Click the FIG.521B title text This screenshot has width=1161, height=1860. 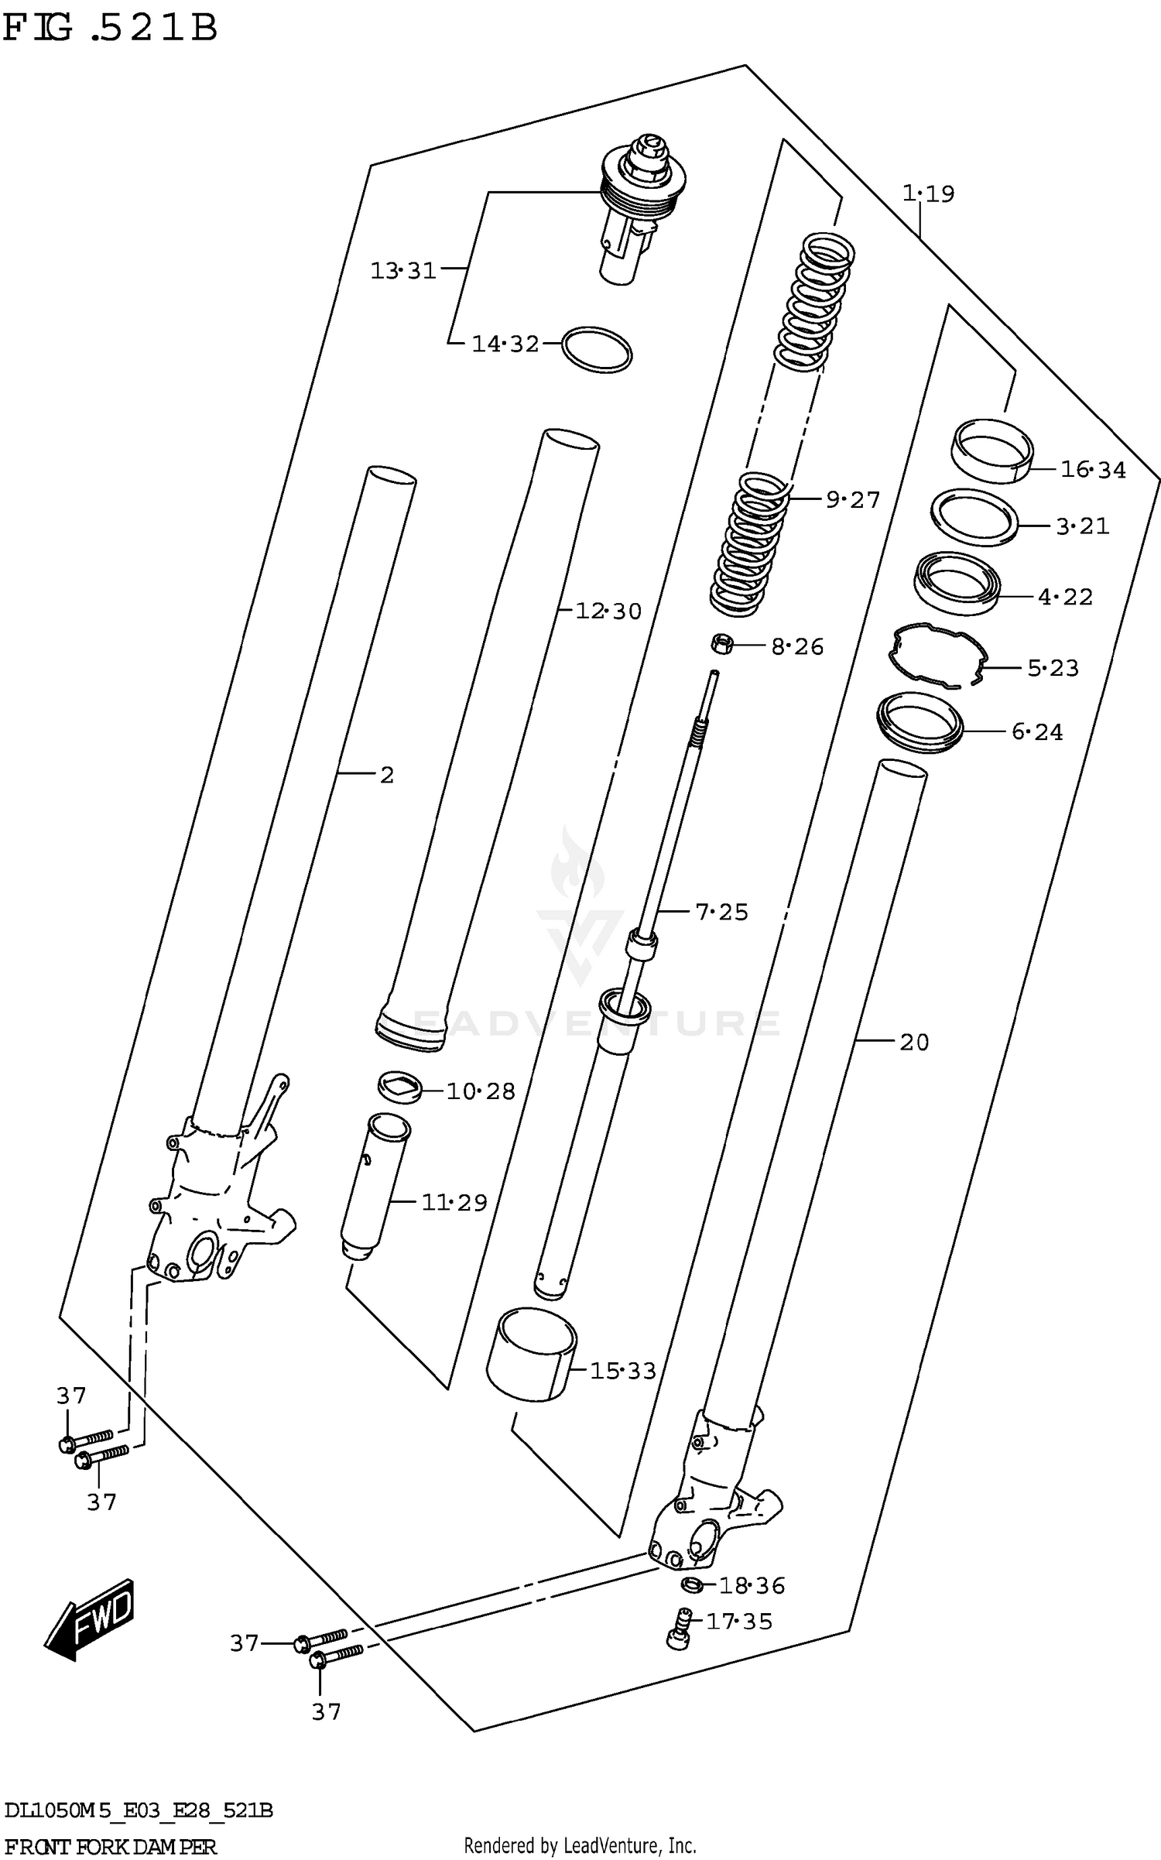[x=110, y=28]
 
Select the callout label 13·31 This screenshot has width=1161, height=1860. [x=402, y=271]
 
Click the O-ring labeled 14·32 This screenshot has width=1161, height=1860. [x=596, y=349]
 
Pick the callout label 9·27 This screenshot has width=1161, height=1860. [x=853, y=500]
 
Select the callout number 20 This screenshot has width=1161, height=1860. [x=913, y=1043]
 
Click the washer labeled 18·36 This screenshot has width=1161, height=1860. [x=693, y=1584]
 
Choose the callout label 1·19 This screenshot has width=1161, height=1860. [x=928, y=194]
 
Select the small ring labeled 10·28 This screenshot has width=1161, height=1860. [x=400, y=1088]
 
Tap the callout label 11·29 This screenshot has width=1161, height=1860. [x=454, y=1202]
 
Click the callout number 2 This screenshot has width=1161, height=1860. [x=387, y=774]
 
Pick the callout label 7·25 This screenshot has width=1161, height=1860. [x=721, y=912]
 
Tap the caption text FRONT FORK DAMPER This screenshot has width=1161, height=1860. [x=110, y=1845]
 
